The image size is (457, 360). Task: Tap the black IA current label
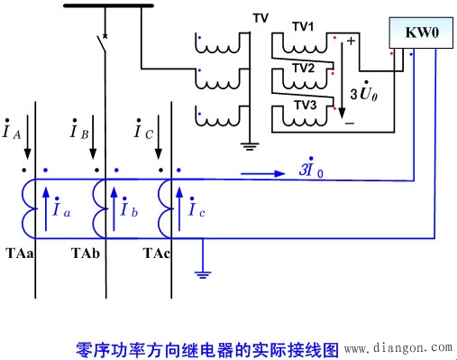12,134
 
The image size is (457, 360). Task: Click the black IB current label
78,134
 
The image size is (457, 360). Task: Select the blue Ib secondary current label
128,210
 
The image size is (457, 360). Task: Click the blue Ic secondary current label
197,210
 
